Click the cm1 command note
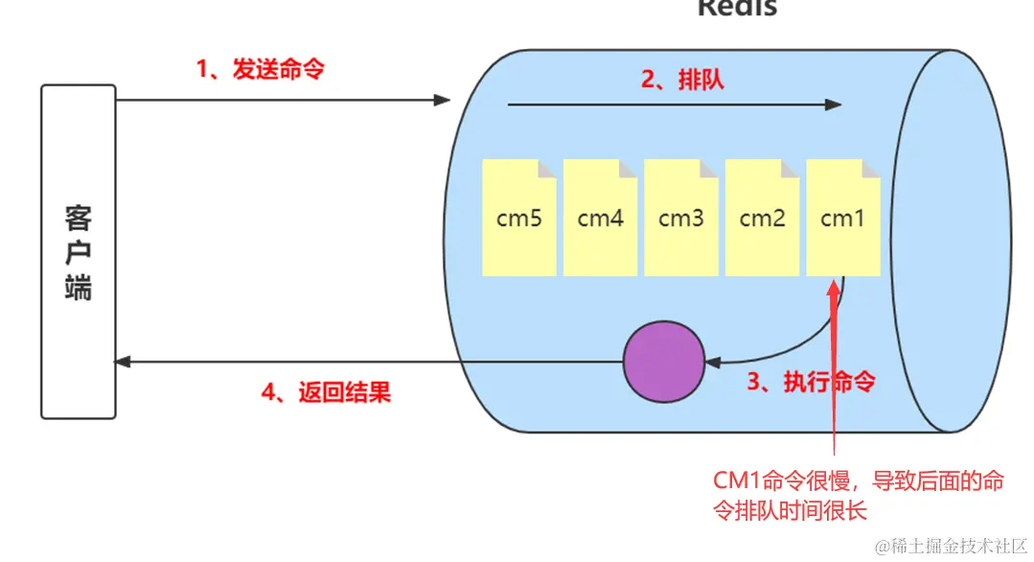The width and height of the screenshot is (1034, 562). coord(843,218)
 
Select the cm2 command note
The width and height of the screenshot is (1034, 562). coord(762,218)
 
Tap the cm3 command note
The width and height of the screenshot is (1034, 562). coord(680,218)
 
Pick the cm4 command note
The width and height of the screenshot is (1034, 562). coord(600,218)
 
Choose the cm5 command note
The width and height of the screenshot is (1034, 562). coord(518,218)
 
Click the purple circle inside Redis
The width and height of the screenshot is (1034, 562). coord(663,362)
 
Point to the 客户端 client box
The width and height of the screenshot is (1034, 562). coord(78,251)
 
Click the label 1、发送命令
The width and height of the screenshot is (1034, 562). coord(259,69)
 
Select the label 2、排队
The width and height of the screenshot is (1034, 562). coord(682,80)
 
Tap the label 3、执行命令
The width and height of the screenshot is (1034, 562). coord(811,382)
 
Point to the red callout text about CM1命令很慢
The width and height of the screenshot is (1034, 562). coord(858,495)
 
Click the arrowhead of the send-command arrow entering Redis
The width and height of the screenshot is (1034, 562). coord(443,100)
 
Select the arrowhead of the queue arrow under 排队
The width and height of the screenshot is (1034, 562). coord(836,105)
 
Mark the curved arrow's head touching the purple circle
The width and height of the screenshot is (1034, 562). coord(710,362)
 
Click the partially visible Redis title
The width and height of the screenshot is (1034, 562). coord(736,8)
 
